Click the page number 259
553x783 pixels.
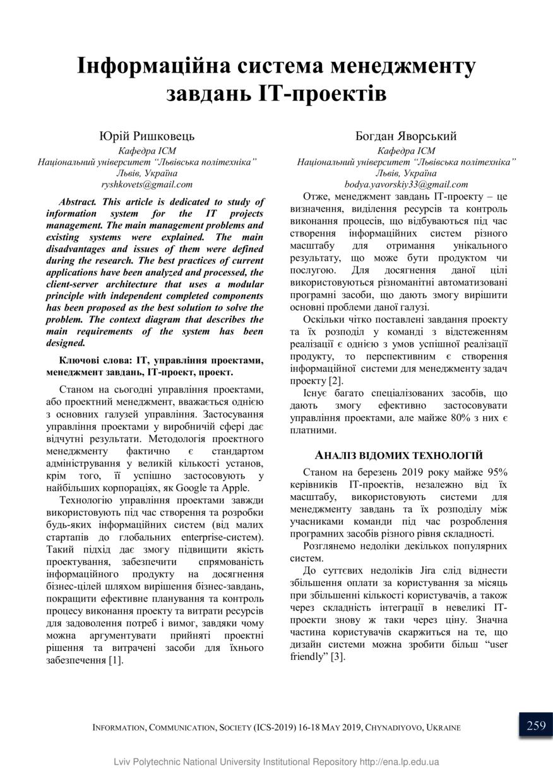[x=536, y=726]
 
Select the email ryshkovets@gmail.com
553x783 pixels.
[x=147, y=184]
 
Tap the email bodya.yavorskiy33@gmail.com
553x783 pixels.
[x=407, y=184]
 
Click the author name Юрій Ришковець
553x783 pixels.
[x=147, y=136]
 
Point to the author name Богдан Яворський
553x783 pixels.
[x=406, y=136]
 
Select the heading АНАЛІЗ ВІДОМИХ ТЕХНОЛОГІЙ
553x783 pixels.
[x=399, y=455]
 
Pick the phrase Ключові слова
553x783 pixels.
[x=94, y=361]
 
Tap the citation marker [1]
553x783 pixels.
[x=115, y=660]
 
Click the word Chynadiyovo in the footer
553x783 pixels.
[x=392, y=727]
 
